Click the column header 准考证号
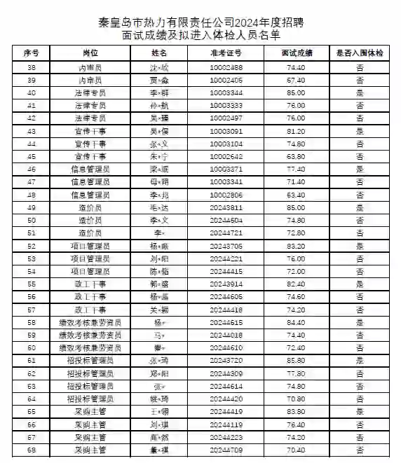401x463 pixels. (x=226, y=53)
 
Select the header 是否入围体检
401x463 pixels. (x=360, y=53)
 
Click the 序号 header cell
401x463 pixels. (x=32, y=53)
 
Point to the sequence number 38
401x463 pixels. (x=32, y=67)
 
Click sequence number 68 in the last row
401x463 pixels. (x=32, y=450)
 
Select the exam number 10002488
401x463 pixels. (x=226, y=67)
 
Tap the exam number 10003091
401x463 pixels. (x=226, y=131)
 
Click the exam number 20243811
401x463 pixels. (x=226, y=208)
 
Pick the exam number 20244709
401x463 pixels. (x=226, y=450)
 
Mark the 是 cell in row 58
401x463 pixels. (x=360, y=322)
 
